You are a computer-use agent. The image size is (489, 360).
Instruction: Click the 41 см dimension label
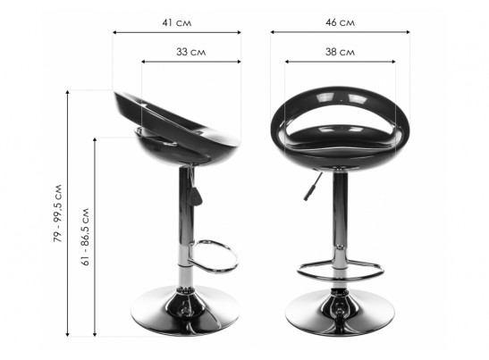click(x=176, y=22)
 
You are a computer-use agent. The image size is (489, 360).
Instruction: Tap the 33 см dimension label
click(x=190, y=52)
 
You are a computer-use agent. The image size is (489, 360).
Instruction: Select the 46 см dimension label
click(x=340, y=22)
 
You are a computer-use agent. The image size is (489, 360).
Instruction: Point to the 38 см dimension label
click(x=340, y=52)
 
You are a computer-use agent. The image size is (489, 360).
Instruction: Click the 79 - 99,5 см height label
click(x=58, y=213)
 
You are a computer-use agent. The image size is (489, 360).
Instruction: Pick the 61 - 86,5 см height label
click(x=85, y=237)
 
